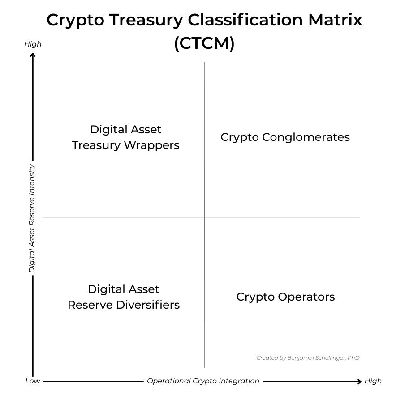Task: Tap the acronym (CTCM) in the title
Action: (204, 43)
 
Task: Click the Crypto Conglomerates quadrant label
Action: (285, 137)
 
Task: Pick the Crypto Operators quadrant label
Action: (285, 297)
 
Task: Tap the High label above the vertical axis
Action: (33, 44)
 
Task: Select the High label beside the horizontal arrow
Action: (373, 381)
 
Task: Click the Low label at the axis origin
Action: (32, 381)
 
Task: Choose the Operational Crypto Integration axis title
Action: (203, 381)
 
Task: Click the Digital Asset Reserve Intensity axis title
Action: (32, 218)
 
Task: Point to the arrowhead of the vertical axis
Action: (33, 55)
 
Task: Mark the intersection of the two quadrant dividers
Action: (204, 218)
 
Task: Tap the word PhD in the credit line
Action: (353, 358)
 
